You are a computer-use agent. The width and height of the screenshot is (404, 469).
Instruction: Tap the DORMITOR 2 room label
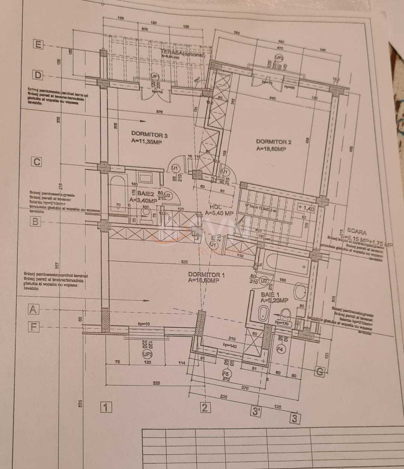click(274, 142)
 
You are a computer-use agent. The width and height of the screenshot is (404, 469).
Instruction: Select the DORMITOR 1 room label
click(206, 275)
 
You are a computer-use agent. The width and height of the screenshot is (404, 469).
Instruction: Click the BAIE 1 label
click(270, 295)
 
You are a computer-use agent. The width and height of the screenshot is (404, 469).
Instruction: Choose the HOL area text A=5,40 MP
click(219, 213)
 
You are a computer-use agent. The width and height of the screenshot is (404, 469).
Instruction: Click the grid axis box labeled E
click(37, 45)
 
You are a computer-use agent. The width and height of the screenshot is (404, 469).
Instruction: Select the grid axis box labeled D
click(38, 75)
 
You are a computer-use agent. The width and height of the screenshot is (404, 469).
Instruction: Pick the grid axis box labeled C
click(37, 162)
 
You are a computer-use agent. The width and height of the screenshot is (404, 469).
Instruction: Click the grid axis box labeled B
click(35, 222)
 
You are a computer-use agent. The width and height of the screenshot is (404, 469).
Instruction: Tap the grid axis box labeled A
click(34, 309)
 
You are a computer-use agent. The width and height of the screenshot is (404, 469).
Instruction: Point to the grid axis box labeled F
click(34, 327)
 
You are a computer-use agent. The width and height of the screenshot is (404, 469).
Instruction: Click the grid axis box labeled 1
click(106, 407)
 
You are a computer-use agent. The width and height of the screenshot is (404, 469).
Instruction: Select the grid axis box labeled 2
click(204, 408)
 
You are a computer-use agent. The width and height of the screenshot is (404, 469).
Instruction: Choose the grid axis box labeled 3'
click(256, 412)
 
